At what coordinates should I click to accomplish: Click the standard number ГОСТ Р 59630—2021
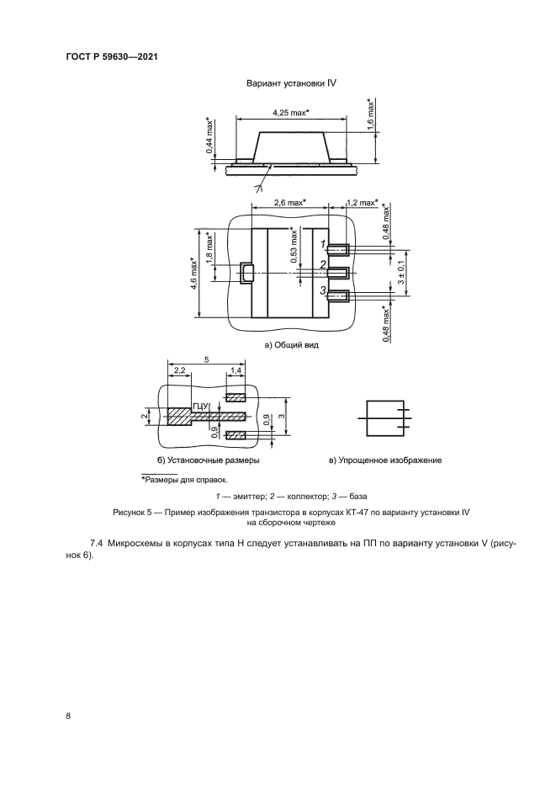112,57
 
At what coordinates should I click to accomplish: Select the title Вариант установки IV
291,83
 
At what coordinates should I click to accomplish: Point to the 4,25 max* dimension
291,112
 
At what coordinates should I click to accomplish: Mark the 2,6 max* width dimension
290,203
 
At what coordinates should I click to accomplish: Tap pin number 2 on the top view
322,266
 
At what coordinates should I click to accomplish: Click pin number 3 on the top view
322,290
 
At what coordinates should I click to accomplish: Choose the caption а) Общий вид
291,344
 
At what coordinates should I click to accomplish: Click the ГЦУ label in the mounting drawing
200,407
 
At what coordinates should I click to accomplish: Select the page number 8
67,715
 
